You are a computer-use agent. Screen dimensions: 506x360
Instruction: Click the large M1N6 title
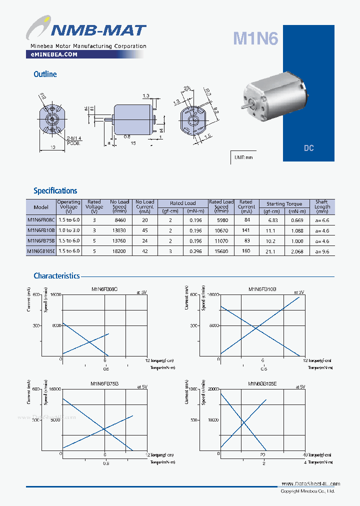[x=255, y=38]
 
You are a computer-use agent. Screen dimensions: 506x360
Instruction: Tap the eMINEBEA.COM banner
[x=51, y=54]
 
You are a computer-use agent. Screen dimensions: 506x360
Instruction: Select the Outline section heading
[x=45, y=74]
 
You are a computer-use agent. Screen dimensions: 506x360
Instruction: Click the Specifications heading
[x=55, y=190]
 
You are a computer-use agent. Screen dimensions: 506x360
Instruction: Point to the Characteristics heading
[x=56, y=275]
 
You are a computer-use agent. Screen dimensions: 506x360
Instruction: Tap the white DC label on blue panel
[x=308, y=148]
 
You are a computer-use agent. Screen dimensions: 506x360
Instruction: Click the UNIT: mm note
[x=243, y=157]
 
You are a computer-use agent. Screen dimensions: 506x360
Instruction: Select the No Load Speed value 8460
[x=119, y=220]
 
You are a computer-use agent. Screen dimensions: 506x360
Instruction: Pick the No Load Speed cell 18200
[x=119, y=251]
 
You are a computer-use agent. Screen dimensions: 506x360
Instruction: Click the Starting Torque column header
[x=284, y=203]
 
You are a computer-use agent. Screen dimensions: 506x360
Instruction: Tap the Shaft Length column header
[x=322, y=204]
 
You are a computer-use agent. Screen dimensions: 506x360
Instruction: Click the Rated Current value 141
[x=246, y=230]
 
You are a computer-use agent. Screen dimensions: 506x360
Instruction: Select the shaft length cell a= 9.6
[x=322, y=251]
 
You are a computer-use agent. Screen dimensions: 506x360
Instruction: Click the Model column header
[x=41, y=207]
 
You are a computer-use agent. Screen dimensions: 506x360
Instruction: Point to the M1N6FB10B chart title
[x=262, y=289]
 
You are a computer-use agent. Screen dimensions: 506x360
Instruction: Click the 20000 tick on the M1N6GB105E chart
[x=212, y=389]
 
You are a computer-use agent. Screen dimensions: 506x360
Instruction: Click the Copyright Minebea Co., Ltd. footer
[x=307, y=491]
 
